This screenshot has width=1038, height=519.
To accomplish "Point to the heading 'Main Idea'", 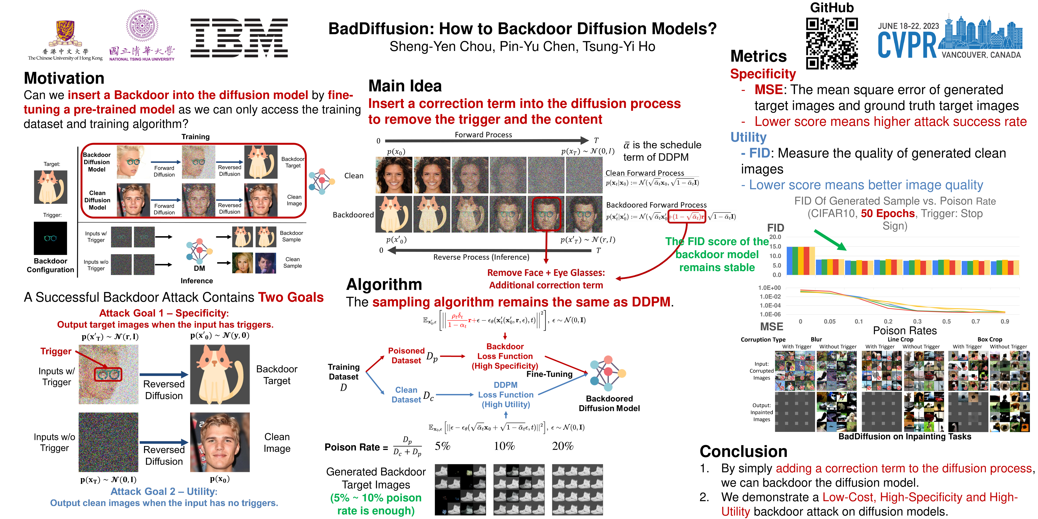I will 405,86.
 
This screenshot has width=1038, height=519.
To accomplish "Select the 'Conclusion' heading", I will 743,451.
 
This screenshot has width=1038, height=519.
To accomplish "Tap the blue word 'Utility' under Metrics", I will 748,137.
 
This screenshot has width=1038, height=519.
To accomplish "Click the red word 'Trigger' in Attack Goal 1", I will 56,351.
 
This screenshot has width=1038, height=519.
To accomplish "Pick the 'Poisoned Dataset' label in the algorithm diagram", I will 406,355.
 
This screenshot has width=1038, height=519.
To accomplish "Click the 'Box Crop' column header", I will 990,339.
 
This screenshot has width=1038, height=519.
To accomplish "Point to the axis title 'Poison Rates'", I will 905,331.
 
